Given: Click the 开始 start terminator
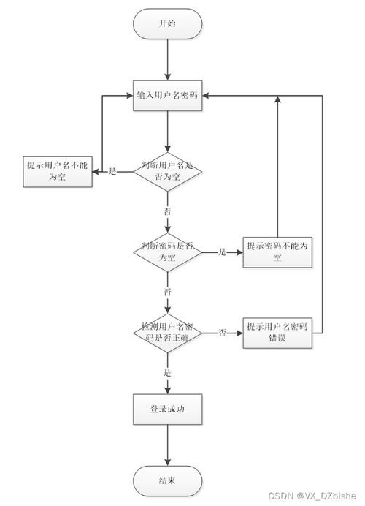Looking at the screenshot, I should click(x=167, y=23).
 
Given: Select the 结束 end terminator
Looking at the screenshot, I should click(x=167, y=480).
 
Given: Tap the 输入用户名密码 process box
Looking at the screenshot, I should click(x=167, y=96).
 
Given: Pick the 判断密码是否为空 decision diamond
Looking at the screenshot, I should click(x=167, y=252).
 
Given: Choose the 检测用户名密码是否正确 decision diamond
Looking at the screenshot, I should click(x=167, y=333).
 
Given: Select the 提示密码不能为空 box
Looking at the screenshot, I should click(x=277, y=252).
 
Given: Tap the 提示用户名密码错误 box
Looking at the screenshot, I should click(x=277, y=333).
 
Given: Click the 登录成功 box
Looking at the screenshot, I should click(x=167, y=409).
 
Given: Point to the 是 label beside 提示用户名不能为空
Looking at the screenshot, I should click(x=112, y=172).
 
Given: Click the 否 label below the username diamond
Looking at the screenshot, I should click(x=167, y=211).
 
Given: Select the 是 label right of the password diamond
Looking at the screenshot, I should click(x=222, y=252).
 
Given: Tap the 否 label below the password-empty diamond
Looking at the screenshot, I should click(x=167, y=292).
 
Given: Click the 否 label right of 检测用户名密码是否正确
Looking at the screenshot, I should click(x=222, y=333).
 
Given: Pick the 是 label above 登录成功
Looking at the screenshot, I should click(x=167, y=372).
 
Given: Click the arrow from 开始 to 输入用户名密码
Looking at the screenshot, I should click(x=167, y=58).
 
